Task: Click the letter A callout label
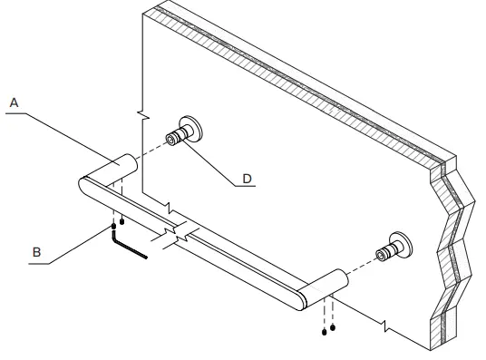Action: [14, 103]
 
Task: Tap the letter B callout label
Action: [37, 253]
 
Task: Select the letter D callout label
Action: [247, 179]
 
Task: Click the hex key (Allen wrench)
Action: [126, 247]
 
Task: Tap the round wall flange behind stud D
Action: [191, 129]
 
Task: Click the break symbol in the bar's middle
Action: [181, 235]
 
